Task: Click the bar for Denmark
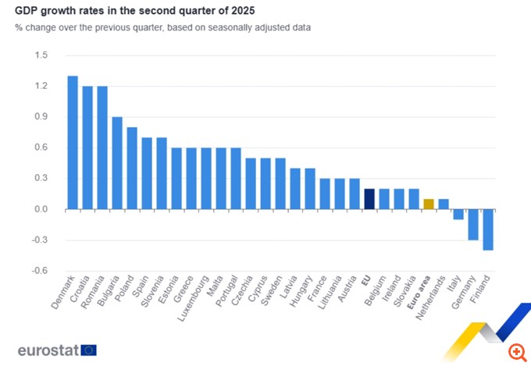coord(73,142)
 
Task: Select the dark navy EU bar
coord(369,199)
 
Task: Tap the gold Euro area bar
coord(429,204)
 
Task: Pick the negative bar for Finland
coord(488,229)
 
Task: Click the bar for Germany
coord(473,224)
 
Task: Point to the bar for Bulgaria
coord(117,163)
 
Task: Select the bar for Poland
coord(132,168)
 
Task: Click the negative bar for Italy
coord(458,214)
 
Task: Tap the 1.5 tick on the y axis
coord(41,55)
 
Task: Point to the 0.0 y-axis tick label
coord(41,209)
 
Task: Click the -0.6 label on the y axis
coord(40,271)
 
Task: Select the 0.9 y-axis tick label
coord(41,117)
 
